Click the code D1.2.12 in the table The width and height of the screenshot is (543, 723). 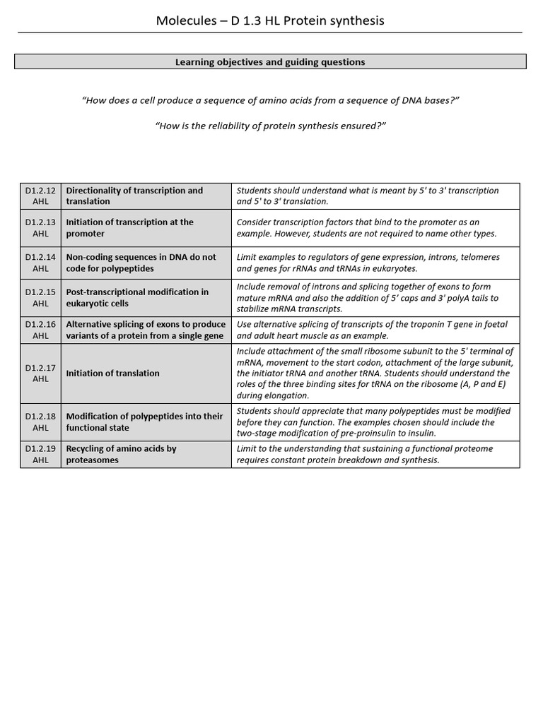pyautogui.click(x=40, y=191)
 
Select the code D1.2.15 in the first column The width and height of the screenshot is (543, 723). pyautogui.click(x=40, y=292)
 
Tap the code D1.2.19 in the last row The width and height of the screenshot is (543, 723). pyautogui.click(x=40, y=448)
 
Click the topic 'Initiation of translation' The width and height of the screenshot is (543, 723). pyautogui.click(x=112, y=374)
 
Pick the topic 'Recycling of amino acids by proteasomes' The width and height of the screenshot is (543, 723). pyautogui.click(x=121, y=454)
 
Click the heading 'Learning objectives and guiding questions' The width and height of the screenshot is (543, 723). pyautogui.click(x=270, y=62)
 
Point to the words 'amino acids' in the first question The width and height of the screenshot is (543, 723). pyautogui.click(x=309, y=100)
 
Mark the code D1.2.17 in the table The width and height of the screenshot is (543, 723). pyautogui.click(x=40, y=368)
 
